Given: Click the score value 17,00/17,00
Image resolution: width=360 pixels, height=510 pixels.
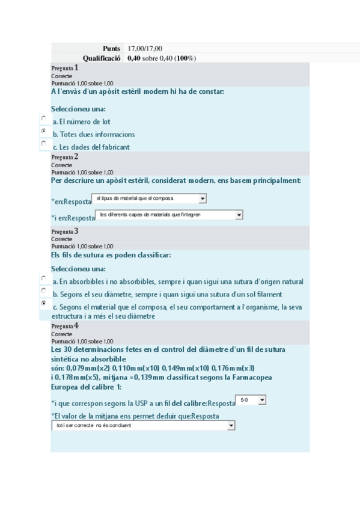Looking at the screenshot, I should pyautogui.click(x=145, y=48).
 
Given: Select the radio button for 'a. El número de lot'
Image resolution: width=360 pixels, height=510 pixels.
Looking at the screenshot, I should pyautogui.click(x=43, y=118).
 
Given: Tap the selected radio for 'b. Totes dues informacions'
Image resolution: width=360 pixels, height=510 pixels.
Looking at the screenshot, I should pyautogui.click(x=43, y=131).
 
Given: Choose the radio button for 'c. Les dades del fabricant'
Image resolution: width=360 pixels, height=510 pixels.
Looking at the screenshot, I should pyautogui.click(x=43, y=144).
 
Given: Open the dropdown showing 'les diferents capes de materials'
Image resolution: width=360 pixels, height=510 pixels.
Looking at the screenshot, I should pyautogui.click(x=170, y=215).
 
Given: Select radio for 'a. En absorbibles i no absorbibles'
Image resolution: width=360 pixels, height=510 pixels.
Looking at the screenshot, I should pyautogui.click(x=43, y=278).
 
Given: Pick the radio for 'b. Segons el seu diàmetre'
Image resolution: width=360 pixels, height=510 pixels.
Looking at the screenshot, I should pyautogui.click(x=43, y=290).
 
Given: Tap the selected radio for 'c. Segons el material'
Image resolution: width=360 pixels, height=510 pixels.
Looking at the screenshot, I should pyautogui.click(x=43, y=304).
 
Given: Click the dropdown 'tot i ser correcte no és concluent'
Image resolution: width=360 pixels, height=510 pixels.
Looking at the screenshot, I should pyautogui.click(x=143, y=426).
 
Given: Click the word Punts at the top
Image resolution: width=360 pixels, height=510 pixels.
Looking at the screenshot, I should pyautogui.click(x=112, y=48).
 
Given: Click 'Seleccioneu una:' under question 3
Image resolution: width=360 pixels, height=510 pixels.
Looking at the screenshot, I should pyautogui.click(x=78, y=268).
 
